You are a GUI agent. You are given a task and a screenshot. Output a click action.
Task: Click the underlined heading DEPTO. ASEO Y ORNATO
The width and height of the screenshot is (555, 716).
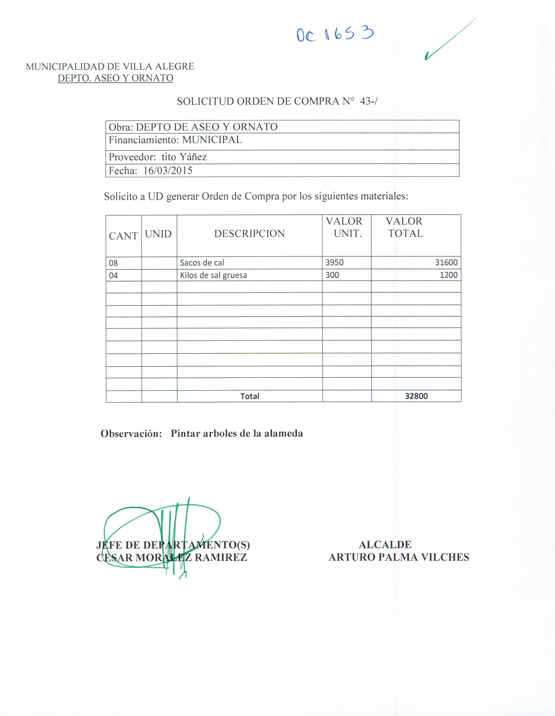[x=115, y=78]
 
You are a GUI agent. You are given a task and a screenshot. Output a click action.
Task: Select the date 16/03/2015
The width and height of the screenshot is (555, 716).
[x=168, y=171]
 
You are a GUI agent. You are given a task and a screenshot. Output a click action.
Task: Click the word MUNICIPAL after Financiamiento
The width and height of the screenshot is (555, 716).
[x=212, y=140]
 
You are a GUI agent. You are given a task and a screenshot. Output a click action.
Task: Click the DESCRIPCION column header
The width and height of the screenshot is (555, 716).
[x=249, y=233]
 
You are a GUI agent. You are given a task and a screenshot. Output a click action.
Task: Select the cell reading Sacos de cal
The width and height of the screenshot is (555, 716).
[x=202, y=263]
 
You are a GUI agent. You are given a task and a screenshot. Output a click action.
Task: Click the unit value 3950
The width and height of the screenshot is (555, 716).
[x=334, y=262]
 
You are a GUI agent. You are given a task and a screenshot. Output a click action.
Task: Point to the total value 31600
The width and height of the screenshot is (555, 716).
[x=446, y=262]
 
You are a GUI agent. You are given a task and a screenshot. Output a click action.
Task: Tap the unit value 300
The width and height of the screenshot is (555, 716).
[x=332, y=275]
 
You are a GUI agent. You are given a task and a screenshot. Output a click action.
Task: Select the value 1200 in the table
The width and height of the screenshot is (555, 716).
[x=449, y=275]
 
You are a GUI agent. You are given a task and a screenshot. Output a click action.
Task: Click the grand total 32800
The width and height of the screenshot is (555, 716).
[x=416, y=396]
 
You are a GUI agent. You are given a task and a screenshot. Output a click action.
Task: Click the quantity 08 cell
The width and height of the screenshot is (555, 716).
[x=114, y=263]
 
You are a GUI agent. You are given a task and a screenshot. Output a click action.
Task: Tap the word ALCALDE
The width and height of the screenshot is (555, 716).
[x=385, y=545]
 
